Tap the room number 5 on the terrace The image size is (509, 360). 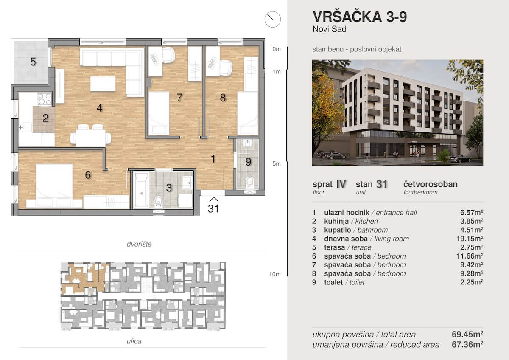click(x=33, y=62)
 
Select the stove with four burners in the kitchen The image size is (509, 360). click(x=45, y=99)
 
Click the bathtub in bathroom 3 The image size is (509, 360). click(x=141, y=190)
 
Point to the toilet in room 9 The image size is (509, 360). click(x=249, y=182)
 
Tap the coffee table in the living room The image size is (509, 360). click(x=103, y=84)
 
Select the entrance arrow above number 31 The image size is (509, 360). click(x=214, y=200)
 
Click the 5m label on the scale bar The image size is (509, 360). click(x=276, y=163)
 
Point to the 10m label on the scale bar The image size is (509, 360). click(x=274, y=274)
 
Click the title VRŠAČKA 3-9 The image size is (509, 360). click(x=360, y=17)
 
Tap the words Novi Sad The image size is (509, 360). click(x=330, y=29)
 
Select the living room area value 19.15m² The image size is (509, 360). click(x=470, y=239)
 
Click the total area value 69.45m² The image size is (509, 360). click(x=467, y=334)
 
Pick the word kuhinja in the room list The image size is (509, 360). click(x=336, y=221)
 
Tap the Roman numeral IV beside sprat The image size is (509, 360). click(x=341, y=184)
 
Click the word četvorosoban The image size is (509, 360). click(x=431, y=184)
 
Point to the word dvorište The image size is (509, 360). click(x=139, y=244)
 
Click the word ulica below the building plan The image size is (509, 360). click(x=134, y=341)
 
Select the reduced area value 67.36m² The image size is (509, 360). click(x=467, y=344)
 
